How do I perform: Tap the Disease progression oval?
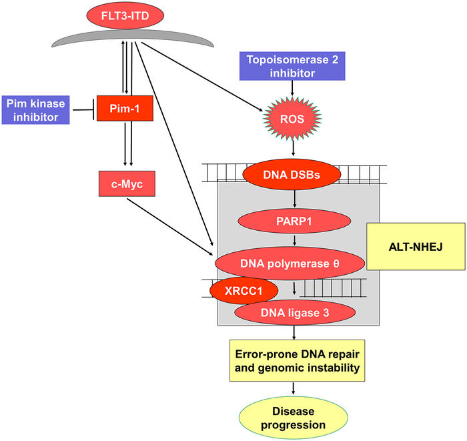(294, 416)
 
